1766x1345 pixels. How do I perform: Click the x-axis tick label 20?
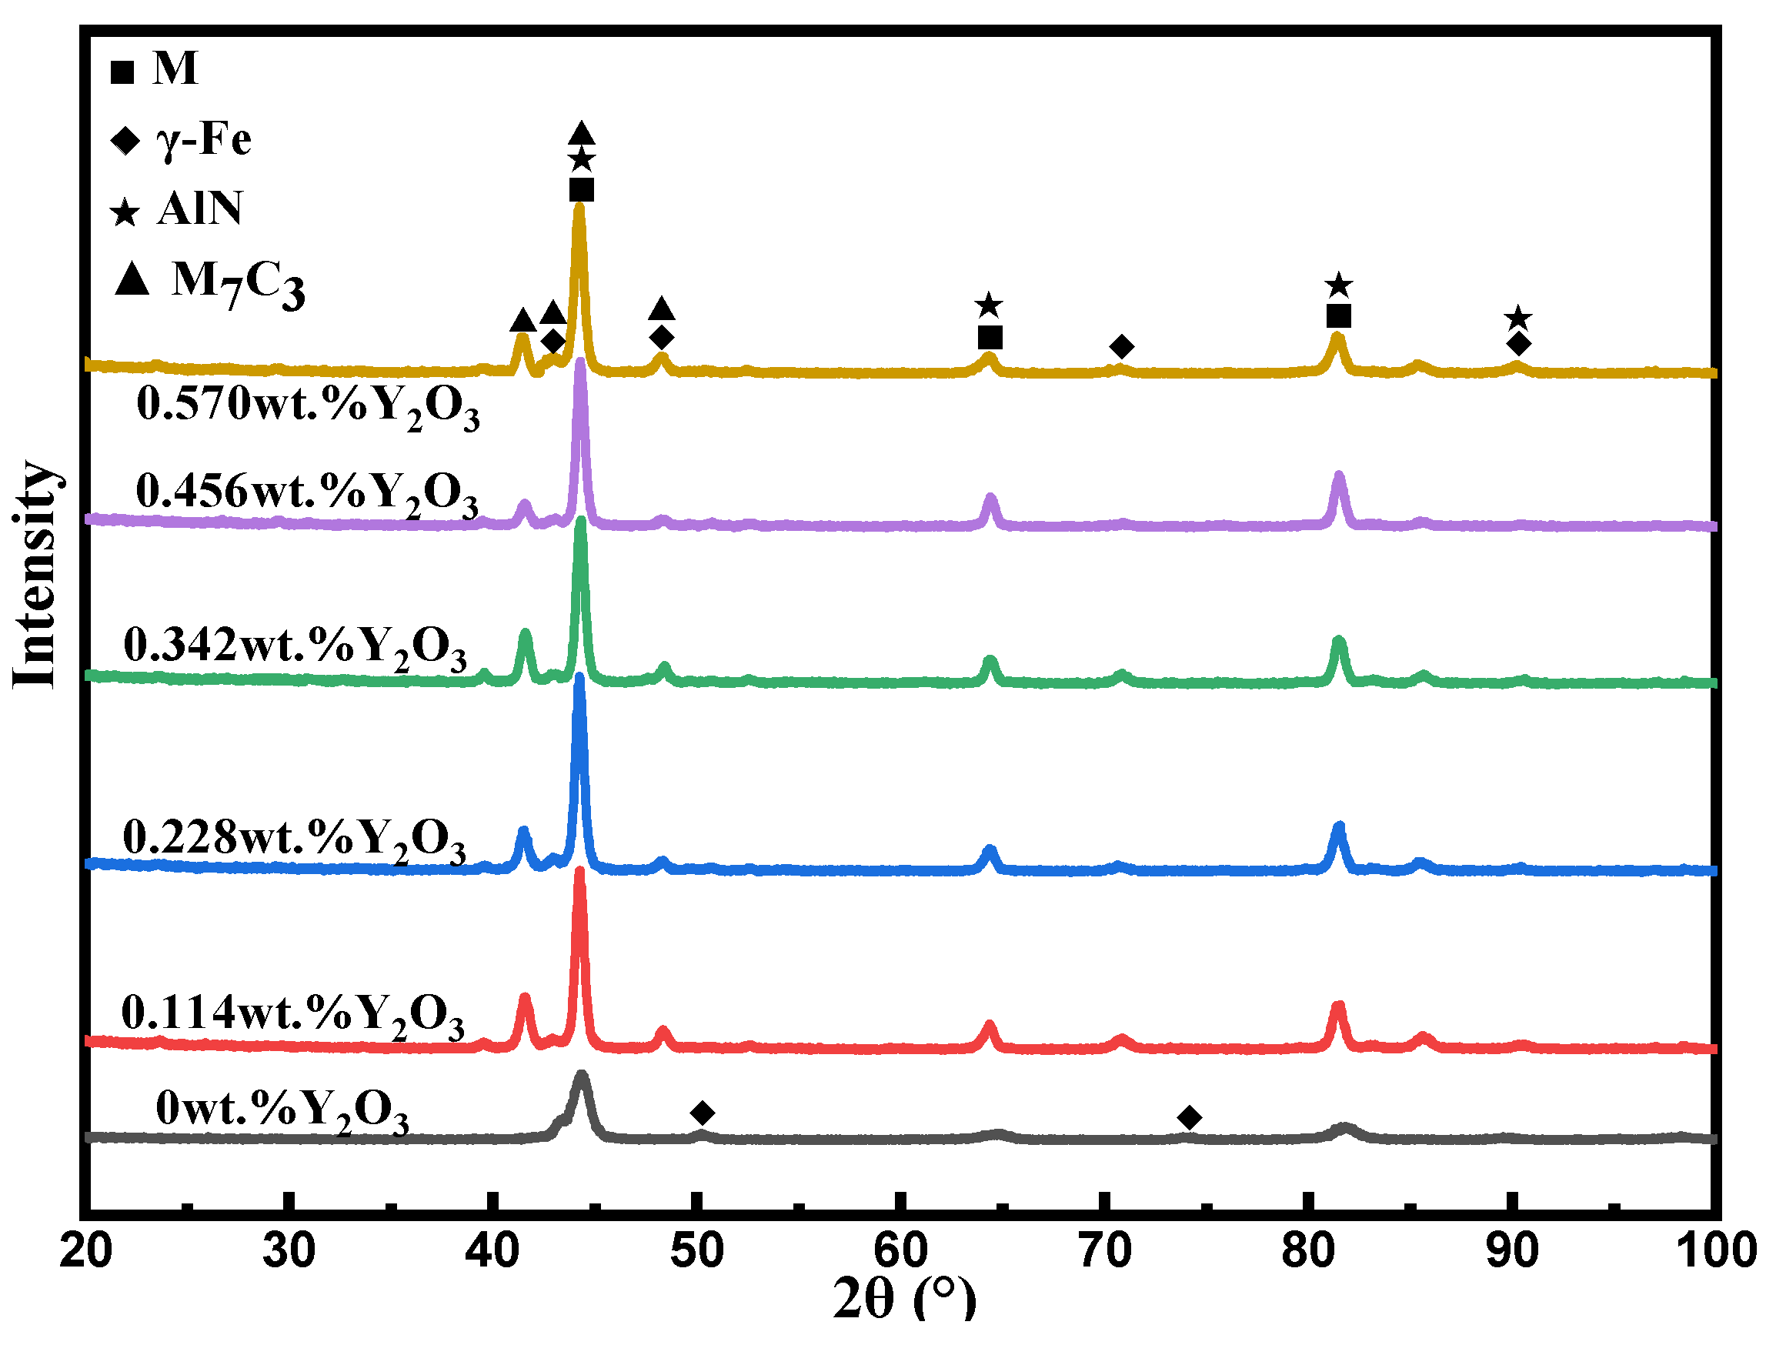click(x=85, y=1251)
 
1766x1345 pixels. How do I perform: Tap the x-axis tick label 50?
click(x=697, y=1251)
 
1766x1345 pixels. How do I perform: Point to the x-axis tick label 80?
click(x=1308, y=1251)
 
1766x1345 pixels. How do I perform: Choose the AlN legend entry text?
click(x=199, y=209)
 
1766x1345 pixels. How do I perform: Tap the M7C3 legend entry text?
click(x=238, y=284)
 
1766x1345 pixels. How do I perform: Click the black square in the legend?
click(x=122, y=73)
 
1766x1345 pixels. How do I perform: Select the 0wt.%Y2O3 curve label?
click(x=282, y=1111)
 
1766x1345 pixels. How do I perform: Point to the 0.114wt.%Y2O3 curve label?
click(x=292, y=1015)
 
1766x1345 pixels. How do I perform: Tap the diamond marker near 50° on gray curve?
click(x=702, y=1113)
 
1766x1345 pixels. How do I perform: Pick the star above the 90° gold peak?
click(x=1517, y=319)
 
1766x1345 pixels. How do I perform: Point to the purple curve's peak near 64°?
click(x=990, y=498)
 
